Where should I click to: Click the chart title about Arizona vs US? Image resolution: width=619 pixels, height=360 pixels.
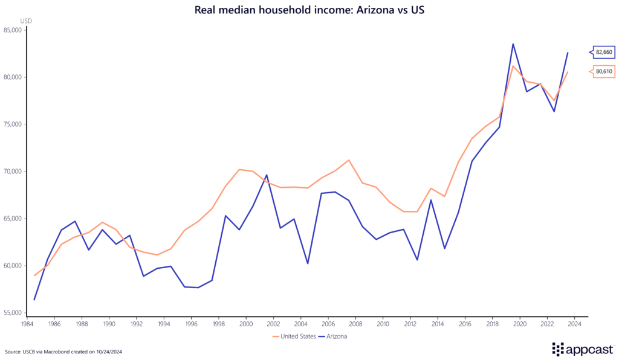coord(309,10)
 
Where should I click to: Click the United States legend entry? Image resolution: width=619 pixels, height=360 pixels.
coord(296,336)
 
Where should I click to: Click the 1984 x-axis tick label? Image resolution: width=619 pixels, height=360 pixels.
coord(27,324)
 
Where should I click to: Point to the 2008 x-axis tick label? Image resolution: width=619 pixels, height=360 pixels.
coord(355,324)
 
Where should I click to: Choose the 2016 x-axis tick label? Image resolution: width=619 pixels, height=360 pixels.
coord(464,324)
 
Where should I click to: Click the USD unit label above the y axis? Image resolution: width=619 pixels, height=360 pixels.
coord(26,21)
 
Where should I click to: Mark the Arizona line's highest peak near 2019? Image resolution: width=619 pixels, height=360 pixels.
coord(513,43)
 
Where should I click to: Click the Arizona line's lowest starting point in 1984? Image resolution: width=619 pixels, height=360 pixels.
coord(34,300)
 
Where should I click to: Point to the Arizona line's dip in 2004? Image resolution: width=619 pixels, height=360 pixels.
coord(308,263)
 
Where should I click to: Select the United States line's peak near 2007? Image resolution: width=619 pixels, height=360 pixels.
coord(349,160)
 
